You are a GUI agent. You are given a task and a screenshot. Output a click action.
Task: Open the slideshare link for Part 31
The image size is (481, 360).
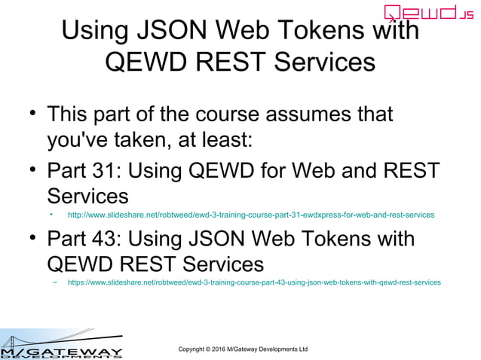tap(251, 215)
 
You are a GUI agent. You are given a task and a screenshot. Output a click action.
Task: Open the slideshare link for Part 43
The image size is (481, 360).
tap(254, 283)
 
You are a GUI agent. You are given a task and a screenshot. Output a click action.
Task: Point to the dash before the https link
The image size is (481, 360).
tap(55, 283)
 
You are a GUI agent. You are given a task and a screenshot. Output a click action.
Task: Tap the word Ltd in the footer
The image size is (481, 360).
tap(302, 349)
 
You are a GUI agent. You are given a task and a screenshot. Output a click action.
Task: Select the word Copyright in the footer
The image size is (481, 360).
tap(194, 349)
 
